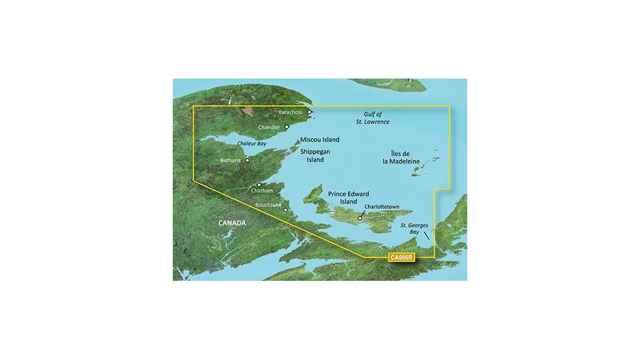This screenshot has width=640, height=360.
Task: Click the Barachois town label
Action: pos(292,112)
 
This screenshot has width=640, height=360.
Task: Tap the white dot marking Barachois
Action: pos(309,112)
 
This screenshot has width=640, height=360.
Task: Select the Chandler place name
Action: pos(270,127)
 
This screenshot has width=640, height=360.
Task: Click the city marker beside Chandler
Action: pos(287,127)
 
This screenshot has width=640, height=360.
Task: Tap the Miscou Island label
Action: pos(320,140)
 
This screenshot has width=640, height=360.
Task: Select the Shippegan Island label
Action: pos(315,155)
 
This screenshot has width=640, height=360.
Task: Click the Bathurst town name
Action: pos(232,160)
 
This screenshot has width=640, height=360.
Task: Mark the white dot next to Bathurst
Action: pos(247,160)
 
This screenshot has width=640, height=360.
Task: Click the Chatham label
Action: pos(262,191)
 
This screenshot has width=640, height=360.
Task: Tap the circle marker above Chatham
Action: pos(259,185)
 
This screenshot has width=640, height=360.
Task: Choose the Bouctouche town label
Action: pos(270,205)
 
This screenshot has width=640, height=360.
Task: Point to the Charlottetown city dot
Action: pos(359,219)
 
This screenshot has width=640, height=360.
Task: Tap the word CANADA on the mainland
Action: pos(232,223)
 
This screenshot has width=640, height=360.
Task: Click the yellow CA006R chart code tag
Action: pos(400,258)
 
